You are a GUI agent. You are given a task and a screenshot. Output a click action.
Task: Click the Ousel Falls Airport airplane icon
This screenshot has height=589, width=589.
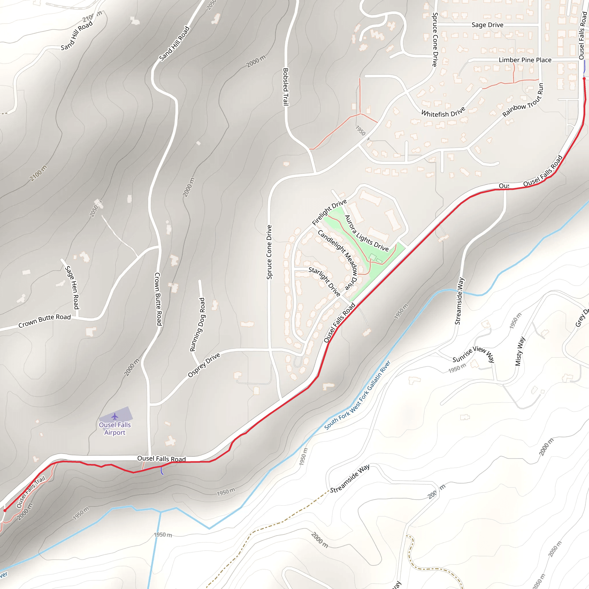click(x=115, y=416)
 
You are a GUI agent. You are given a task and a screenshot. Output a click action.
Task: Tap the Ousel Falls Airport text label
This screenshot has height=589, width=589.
click(x=115, y=428)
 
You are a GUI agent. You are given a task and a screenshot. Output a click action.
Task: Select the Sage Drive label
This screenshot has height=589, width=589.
click(x=487, y=25)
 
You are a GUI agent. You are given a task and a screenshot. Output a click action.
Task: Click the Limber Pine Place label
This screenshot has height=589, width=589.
click(x=525, y=60)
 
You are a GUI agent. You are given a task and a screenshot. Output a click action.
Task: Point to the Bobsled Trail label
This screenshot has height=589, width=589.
click(x=286, y=87)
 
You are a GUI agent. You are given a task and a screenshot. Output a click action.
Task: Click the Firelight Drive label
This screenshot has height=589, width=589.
click(x=329, y=212)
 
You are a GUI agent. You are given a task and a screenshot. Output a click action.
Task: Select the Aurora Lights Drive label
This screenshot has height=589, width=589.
click(x=366, y=233)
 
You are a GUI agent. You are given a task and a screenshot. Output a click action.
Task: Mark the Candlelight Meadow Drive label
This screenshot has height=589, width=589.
click(x=337, y=259)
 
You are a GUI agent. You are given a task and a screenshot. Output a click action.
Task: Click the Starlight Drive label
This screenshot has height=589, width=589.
click(x=324, y=281)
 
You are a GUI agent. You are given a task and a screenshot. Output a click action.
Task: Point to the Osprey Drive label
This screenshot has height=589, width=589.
click(x=204, y=365)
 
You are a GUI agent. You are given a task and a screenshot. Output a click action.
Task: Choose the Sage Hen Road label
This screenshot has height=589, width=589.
click(x=72, y=287)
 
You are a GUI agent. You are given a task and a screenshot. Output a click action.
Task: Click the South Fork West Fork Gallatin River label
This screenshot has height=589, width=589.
click(x=357, y=395)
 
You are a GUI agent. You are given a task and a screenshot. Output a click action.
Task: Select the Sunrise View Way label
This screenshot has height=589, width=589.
click(x=473, y=354)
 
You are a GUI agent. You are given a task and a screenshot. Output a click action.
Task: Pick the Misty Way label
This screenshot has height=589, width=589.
click(x=520, y=351)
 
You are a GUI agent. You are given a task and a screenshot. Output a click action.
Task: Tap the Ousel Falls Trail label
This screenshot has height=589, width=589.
click(x=31, y=492)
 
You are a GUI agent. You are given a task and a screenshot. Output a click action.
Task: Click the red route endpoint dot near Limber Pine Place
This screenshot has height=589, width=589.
click(x=584, y=79)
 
